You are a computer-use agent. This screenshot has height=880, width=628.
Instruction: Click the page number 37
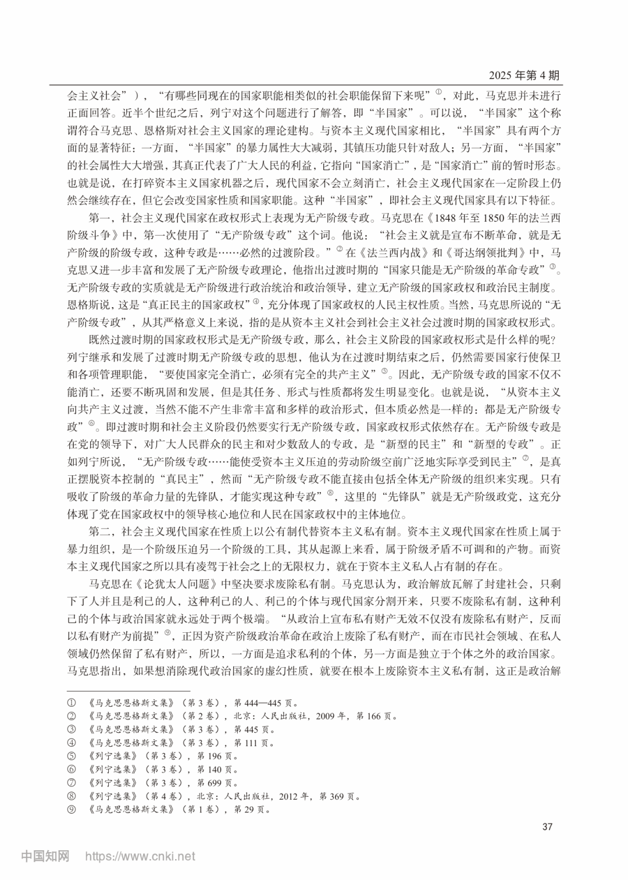(547, 826)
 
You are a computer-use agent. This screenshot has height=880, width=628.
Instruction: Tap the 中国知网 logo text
(45, 856)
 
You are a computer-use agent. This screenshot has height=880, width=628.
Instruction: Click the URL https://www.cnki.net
(141, 857)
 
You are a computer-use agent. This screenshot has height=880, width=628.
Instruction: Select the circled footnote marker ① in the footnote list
(72, 703)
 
